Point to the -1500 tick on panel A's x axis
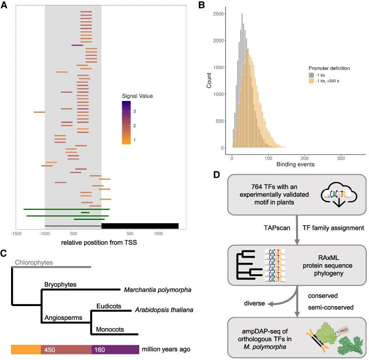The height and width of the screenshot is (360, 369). pos(17,234)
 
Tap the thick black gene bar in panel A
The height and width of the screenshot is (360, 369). pos(140,226)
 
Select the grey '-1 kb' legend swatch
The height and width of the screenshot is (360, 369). pos(312,75)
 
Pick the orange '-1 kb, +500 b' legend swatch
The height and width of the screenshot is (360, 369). pos(312,81)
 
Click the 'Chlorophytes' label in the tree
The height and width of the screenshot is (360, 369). pos(34,263)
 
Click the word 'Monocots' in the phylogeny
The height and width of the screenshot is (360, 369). pos(110,330)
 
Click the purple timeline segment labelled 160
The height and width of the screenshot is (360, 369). pos(115,349)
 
